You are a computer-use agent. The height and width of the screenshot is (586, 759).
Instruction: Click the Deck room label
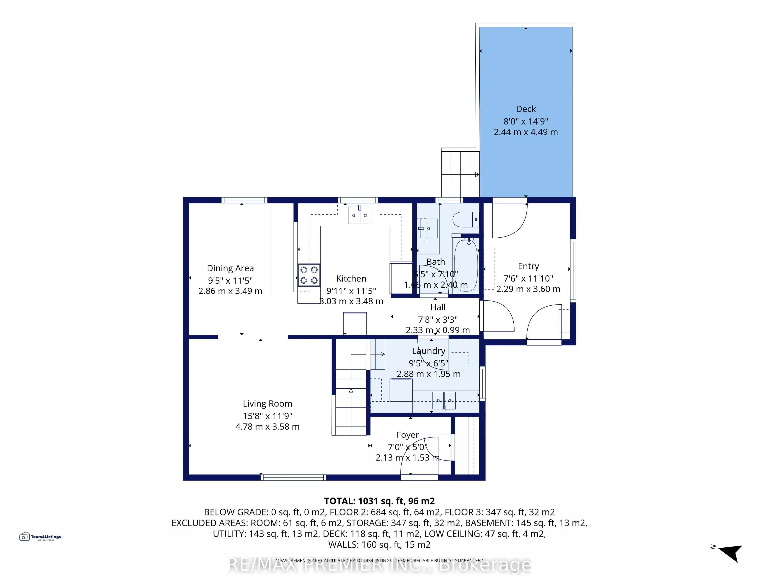point(526,109)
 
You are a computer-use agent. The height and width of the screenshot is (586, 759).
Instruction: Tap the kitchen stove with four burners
point(309,275)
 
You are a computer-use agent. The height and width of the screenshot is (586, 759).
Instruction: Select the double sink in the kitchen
point(359,215)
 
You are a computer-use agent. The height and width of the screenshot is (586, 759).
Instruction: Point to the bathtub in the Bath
point(466,266)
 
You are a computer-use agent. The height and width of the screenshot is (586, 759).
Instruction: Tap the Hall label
point(437,307)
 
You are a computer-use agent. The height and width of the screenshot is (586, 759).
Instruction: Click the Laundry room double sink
point(444,401)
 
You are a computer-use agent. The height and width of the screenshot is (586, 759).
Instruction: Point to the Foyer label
point(408,435)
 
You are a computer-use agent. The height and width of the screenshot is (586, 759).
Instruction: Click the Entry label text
point(528,266)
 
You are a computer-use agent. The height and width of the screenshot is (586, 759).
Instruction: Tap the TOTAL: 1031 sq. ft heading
point(379,501)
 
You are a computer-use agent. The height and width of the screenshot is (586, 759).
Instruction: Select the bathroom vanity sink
point(428,228)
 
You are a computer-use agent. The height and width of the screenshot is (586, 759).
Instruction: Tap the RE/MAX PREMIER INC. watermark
point(379,565)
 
